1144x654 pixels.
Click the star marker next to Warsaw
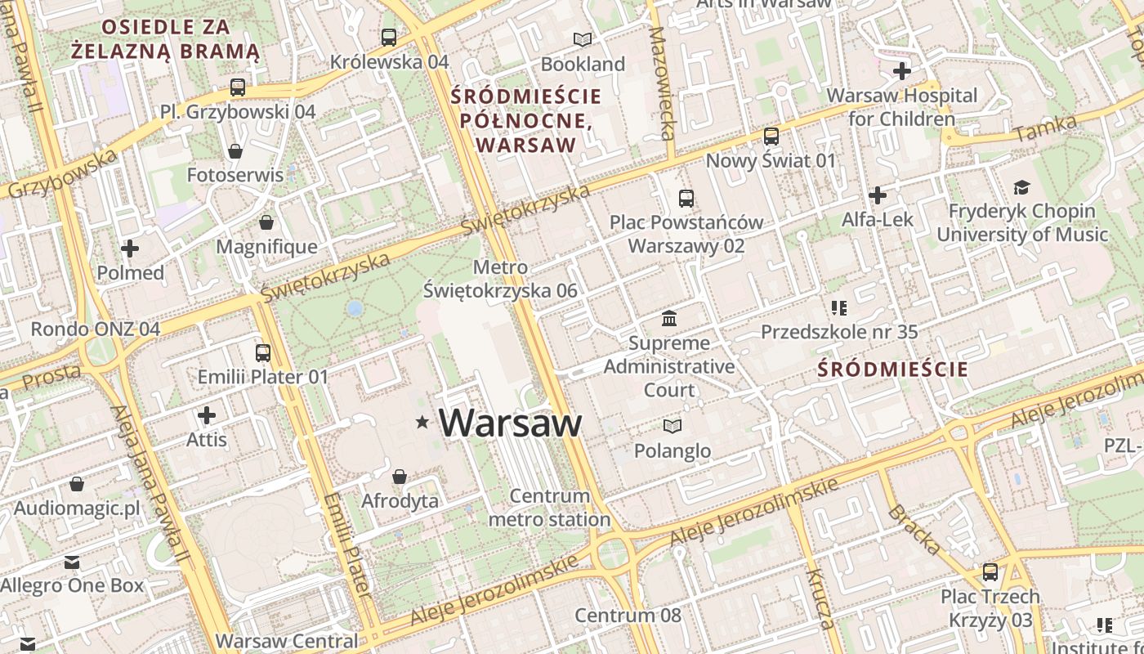coord(422,422)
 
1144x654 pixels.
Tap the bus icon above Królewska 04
coord(389,37)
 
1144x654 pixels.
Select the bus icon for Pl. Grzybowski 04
coord(238,87)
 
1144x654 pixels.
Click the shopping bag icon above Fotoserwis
coord(235,151)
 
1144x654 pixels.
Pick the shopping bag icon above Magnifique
coord(266,222)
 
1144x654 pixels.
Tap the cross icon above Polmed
coord(130,249)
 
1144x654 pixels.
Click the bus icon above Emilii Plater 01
coord(263,353)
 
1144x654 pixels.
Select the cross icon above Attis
coord(207,415)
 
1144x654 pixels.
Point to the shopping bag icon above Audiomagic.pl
coord(77,484)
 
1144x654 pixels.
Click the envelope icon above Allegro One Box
coord(72,562)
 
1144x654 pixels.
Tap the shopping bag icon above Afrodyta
coord(400,477)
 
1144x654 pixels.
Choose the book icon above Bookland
coord(582,39)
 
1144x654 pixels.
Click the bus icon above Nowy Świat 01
coord(771,137)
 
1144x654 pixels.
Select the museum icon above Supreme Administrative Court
coord(669,318)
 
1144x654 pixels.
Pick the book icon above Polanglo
coord(672,426)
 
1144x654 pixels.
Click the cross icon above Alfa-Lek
coord(878,195)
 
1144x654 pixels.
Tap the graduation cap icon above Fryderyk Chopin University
coord(1021,187)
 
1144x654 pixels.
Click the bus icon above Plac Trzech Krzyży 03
coord(990,572)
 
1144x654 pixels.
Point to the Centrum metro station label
coord(549,508)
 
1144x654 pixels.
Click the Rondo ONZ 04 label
coord(95,329)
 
